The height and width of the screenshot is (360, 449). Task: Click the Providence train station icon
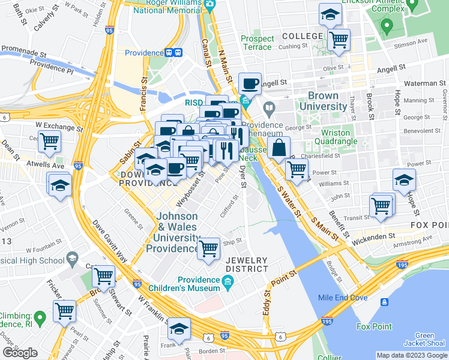(x=173, y=52)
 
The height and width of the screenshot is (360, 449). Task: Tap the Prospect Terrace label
(x=257, y=43)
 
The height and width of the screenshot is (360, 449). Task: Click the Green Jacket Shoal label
(x=424, y=340)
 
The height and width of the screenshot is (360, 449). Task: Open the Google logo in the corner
(x=20, y=352)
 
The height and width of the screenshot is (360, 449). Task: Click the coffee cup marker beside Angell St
(x=249, y=83)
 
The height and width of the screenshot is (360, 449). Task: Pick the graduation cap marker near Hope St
(x=404, y=179)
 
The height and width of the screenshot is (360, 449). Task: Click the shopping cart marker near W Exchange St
(x=50, y=142)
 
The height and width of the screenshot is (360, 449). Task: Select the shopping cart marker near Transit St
(x=382, y=206)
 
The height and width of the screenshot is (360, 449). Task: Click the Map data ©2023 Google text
(x=412, y=355)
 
